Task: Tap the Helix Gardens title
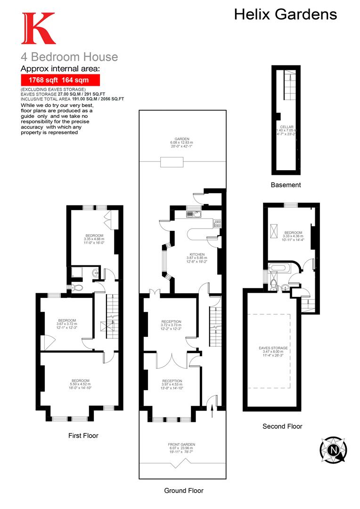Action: coord(286,15)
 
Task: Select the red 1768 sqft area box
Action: coord(60,80)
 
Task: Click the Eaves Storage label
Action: coord(273,351)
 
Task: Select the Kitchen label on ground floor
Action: coord(196,257)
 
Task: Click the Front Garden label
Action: coord(181,448)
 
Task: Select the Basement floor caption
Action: coord(286,185)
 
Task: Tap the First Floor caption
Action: coord(83,435)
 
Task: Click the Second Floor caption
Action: coord(282,426)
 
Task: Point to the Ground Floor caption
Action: coord(184,491)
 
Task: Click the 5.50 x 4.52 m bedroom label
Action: coord(80,384)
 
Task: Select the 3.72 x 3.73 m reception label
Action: coord(171,325)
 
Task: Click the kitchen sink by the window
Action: coord(191,214)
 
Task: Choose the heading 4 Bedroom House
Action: coord(69,57)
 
